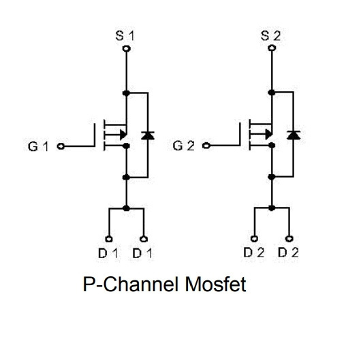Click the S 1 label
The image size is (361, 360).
(x=125, y=36)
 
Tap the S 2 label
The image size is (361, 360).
(x=271, y=36)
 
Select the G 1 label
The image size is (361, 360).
(x=38, y=146)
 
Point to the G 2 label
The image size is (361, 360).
(x=183, y=146)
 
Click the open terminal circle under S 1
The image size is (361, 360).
(x=127, y=48)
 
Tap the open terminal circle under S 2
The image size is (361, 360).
(x=272, y=48)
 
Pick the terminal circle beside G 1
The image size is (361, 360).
(x=61, y=146)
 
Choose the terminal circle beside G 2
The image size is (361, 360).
(x=206, y=146)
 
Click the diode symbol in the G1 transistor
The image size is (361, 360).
(x=148, y=135)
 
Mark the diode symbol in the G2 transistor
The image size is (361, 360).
(x=294, y=135)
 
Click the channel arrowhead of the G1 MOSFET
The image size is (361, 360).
(x=123, y=134)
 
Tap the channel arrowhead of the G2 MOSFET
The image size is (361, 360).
(x=269, y=134)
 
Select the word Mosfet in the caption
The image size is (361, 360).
(x=215, y=284)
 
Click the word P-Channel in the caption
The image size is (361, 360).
(x=131, y=284)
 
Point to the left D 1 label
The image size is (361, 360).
(x=108, y=253)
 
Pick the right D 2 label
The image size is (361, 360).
(x=288, y=252)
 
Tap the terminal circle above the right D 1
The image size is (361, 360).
(x=144, y=239)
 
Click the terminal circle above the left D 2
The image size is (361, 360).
(x=254, y=239)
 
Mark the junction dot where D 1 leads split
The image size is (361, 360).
(x=126, y=208)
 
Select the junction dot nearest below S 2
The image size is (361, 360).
(x=272, y=93)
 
